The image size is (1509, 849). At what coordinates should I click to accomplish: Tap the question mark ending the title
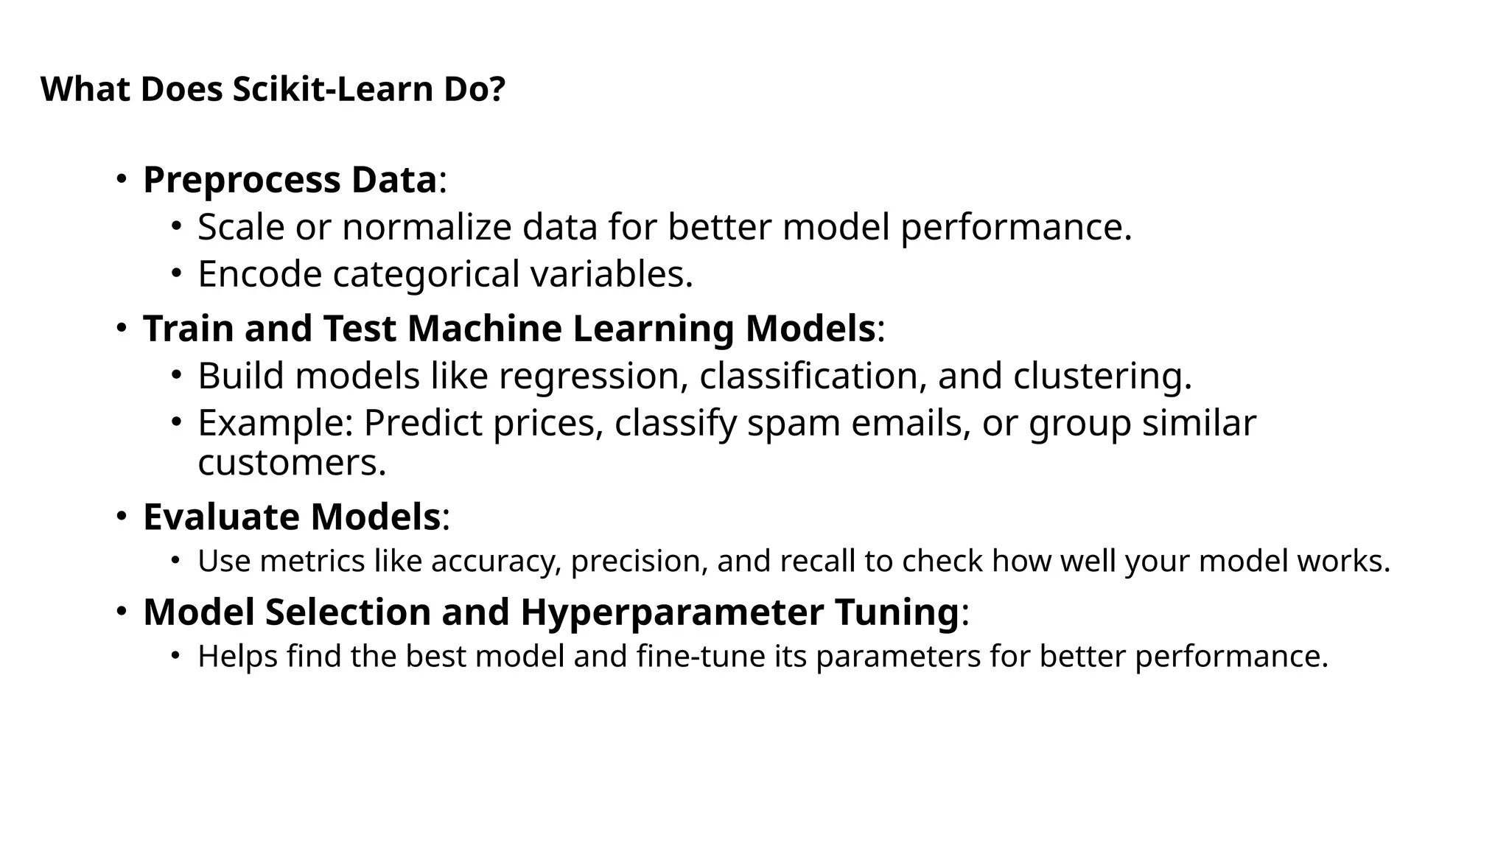[x=497, y=89]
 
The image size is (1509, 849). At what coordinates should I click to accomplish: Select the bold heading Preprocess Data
[x=290, y=180]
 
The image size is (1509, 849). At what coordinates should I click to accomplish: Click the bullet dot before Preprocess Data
[x=122, y=179]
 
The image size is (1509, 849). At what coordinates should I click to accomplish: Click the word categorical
[x=426, y=274]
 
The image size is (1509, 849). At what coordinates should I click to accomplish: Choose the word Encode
[x=259, y=274]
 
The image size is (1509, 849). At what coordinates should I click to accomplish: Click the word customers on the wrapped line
[x=291, y=463]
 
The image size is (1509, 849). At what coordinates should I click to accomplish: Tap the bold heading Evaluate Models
[x=292, y=517]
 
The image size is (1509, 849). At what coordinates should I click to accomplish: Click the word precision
[x=639, y=562]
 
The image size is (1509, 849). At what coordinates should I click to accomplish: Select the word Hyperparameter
[x=672, y=612]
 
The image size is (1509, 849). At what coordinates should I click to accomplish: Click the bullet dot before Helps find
[x=175, y=656]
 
